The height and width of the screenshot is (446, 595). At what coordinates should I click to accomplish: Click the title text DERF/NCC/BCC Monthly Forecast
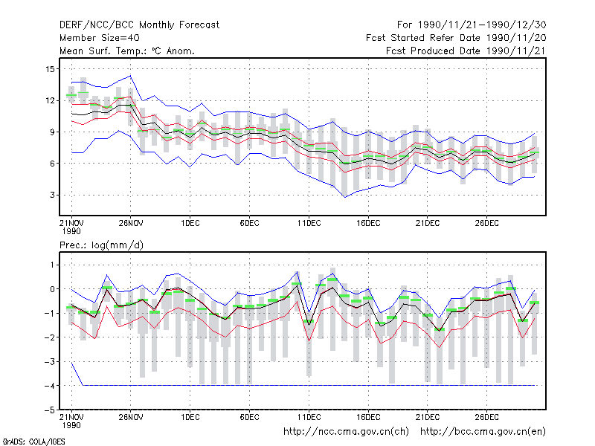click(x=139, y=25)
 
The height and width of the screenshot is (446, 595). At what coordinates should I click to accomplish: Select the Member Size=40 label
click(x=100, y=38)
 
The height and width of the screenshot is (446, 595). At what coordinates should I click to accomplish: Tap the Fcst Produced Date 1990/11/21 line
click(x=466, y=51)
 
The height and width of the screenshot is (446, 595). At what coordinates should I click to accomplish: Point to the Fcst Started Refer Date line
click(x=456, y=38)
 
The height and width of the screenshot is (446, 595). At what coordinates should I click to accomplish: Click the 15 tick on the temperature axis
click(x=50, y=69)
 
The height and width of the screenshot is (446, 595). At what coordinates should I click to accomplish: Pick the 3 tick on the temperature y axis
click(x=52, y=195)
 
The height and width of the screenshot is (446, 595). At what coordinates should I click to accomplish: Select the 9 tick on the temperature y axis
click(x=52, y=132)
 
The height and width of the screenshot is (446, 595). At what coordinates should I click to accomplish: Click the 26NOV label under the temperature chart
click(x=131, y=223)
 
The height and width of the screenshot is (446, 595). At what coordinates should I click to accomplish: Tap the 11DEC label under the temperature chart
click(x=309, y=223)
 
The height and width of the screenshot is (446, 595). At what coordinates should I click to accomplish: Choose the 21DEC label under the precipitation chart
click(x=427, y=417)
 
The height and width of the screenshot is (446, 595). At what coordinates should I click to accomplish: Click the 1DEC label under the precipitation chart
click(x=190, y=417)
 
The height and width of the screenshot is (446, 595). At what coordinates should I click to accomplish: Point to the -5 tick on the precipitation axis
click(x=50, y=410)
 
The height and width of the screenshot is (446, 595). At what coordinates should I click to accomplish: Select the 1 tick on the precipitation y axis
click(x=52, y=265)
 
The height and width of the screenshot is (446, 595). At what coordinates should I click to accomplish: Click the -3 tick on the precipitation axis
click(x=50, y=361)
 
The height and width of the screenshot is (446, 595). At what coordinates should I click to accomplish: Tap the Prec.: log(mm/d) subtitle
click(x=101, y=245)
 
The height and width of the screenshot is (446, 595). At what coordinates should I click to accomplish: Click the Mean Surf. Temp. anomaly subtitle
click(x=126, y=51)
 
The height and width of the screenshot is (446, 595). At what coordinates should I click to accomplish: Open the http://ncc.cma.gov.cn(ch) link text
click(x=346, y=432)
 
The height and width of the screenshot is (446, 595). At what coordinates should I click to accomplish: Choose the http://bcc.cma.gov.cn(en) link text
click(x=483, y=432)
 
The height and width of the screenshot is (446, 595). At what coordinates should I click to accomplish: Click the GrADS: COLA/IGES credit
click(x=33, y=442)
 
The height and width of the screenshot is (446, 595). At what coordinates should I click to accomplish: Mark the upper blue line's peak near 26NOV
click(x=131, y=76)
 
